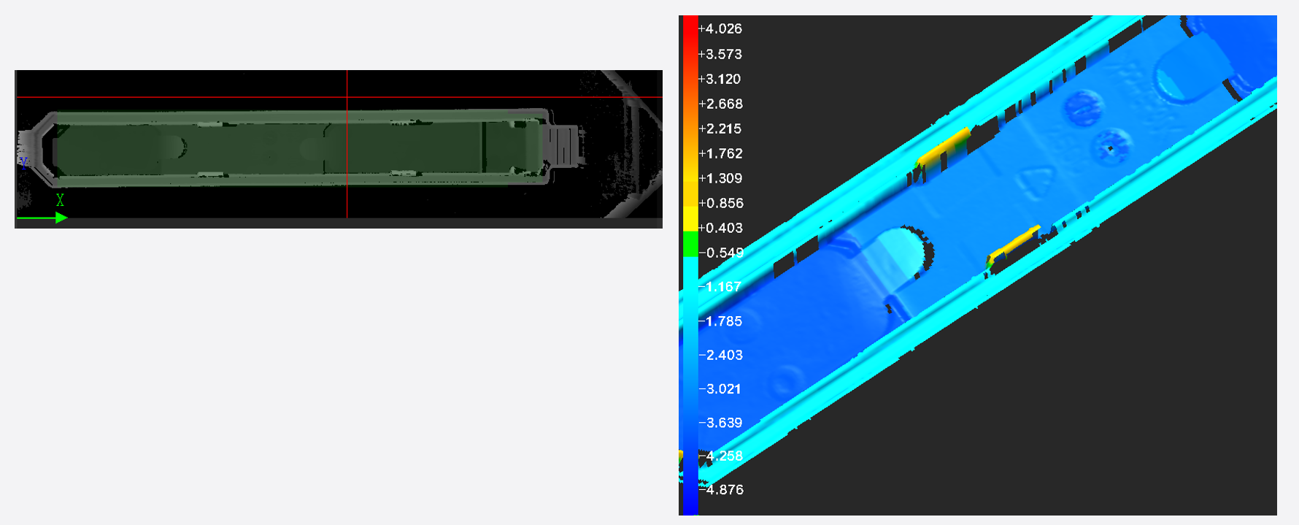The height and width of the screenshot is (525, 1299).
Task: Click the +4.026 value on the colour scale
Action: (x=720, y=29)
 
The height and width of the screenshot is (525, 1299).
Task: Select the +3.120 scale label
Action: (x=720, y=79)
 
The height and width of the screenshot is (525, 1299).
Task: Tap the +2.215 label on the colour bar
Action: (x=720, y=129)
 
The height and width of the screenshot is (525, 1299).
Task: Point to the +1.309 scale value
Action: (x=720, y=178)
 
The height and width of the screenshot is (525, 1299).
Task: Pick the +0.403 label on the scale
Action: (x=720, y=228)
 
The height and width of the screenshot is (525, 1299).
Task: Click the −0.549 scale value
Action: (x=721, y=253)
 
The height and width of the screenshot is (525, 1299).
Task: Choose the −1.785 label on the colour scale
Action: (x=720, y=321)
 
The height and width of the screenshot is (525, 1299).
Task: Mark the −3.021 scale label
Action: (x=720, y=389)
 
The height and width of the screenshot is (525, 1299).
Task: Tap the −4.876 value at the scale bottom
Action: (x=721, y=490)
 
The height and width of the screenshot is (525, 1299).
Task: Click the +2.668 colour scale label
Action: (x=720, y=104)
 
